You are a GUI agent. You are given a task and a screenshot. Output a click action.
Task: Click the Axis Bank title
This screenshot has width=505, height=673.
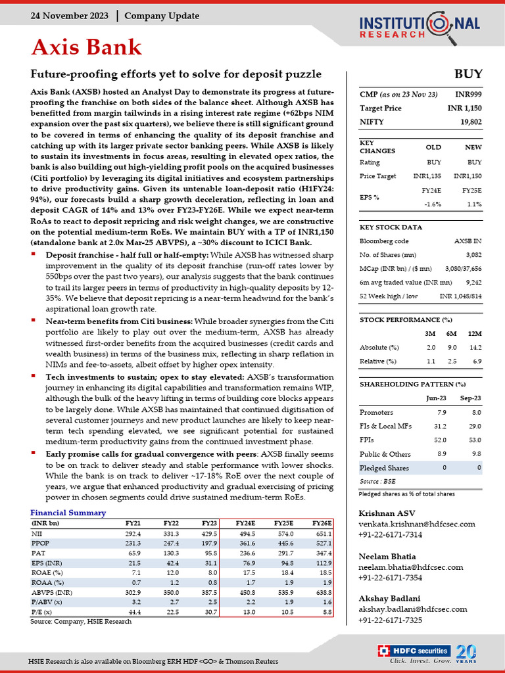[87, 47]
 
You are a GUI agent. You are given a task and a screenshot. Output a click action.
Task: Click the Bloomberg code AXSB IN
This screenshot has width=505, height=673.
[468, 241]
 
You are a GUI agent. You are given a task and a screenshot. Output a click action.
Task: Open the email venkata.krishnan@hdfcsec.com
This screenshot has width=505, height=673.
[416, 524]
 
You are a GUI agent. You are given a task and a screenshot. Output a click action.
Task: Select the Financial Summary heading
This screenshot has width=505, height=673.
[68, 513]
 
